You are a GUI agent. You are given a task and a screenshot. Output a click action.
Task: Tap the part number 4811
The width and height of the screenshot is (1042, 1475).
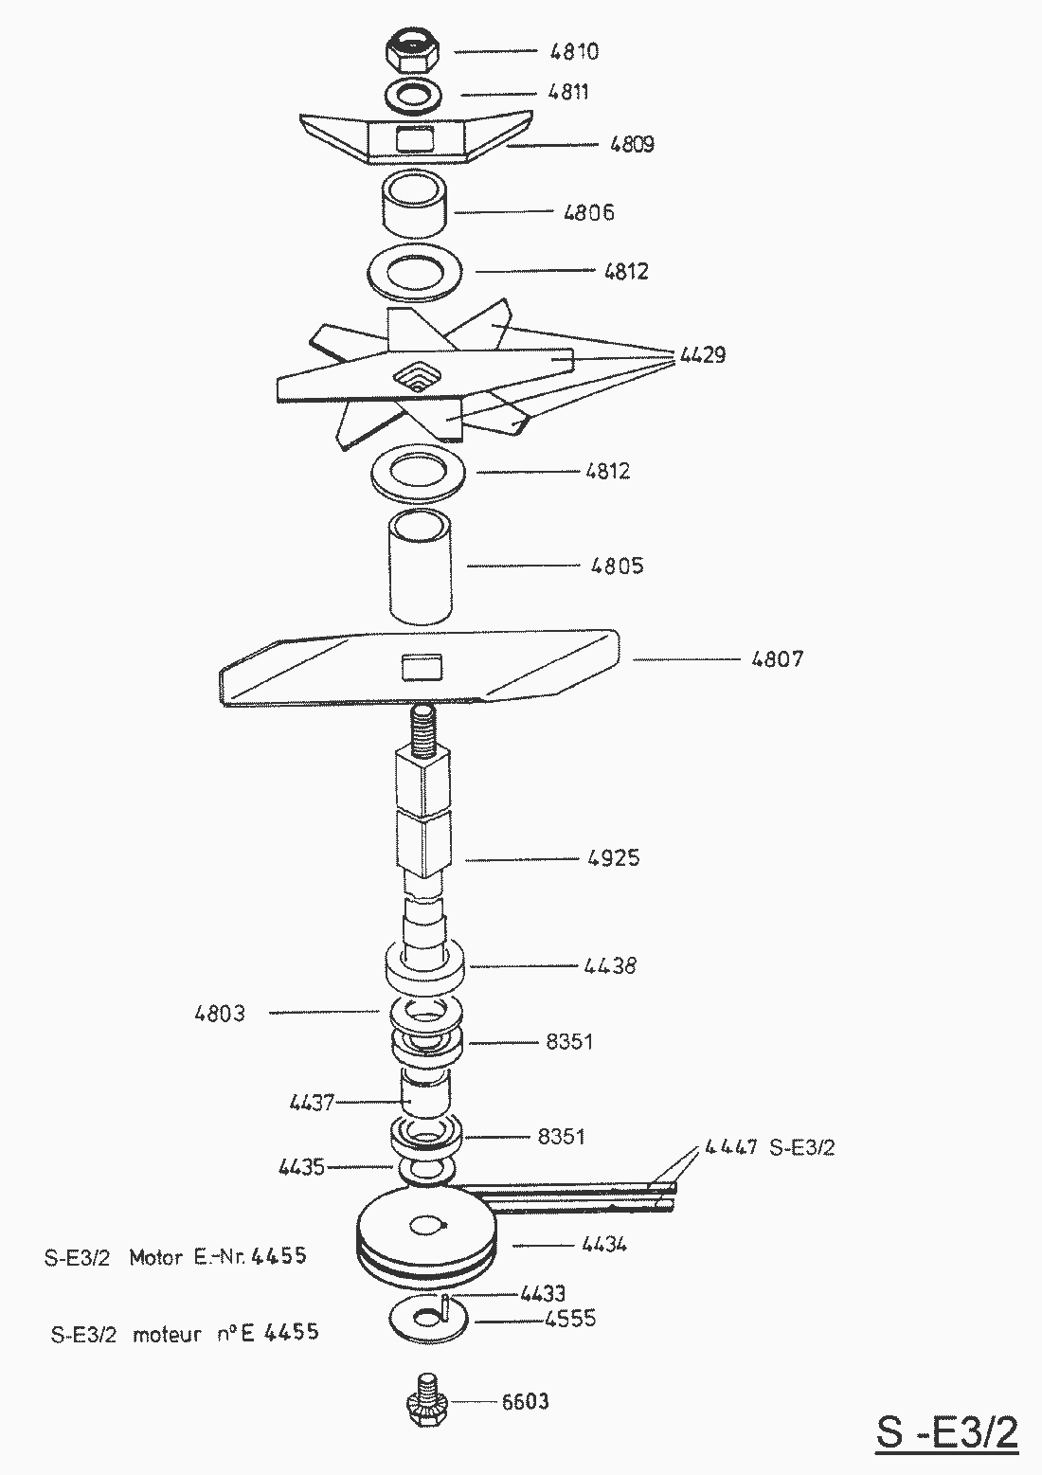568,93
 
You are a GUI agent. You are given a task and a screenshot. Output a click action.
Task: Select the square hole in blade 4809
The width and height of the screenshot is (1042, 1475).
415,139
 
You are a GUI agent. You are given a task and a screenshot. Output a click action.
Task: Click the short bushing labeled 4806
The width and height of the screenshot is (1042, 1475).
414,204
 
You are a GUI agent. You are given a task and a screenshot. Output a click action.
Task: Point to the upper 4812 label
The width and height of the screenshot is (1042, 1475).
626,272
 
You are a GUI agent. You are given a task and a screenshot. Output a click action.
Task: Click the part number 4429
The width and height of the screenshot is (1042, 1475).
702,356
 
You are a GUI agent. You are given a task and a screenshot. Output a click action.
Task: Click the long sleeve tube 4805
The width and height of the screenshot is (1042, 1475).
420,567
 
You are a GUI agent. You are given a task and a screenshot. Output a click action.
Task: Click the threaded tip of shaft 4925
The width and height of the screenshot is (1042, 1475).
422,726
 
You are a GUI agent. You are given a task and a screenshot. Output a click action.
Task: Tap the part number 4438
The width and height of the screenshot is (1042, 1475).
610,967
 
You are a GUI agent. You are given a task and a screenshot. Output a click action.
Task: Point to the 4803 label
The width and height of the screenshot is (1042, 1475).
220,1014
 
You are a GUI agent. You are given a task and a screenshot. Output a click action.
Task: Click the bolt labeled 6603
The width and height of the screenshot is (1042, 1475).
423,1400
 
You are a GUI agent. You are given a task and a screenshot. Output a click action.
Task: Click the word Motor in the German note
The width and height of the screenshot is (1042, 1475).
155,1258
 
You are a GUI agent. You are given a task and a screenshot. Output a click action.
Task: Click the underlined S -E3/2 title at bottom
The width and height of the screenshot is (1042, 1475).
946,1432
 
